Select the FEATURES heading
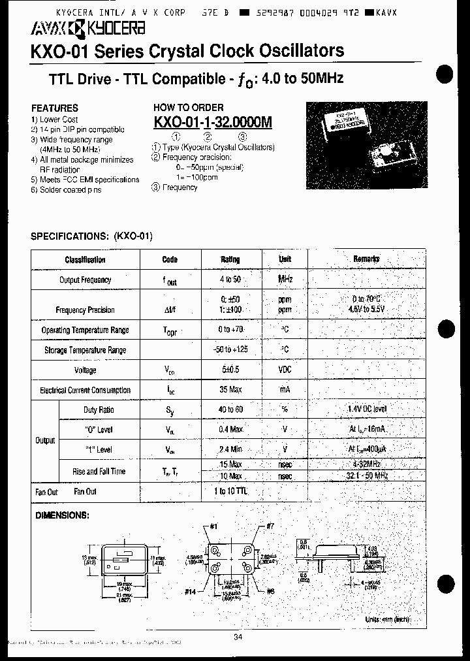click(x=54, y=108)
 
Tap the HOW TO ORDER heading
click(x=188, y=107)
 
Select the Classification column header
click(x=85, y=259)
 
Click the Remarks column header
click(x=366, y=259)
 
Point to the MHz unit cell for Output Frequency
click(x=285, y=279)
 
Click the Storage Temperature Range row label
click(x=85, y=350)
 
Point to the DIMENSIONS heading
click(x=61, y=515)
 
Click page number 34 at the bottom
click(x=236, y=638)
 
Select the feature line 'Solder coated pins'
click(x=66, y=189)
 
